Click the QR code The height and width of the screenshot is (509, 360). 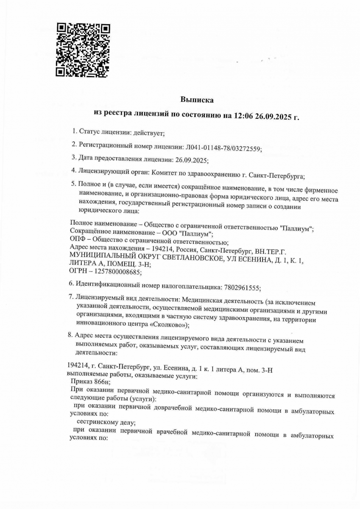pyautogui.click(x=83, y=50)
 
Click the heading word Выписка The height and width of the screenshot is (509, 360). pyautogui.click(x=197, y=100)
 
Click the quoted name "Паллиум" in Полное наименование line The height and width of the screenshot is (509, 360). pyautogui.click(x=296, y=228)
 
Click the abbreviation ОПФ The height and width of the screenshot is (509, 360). pyautogui.click(x=77, y=242)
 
